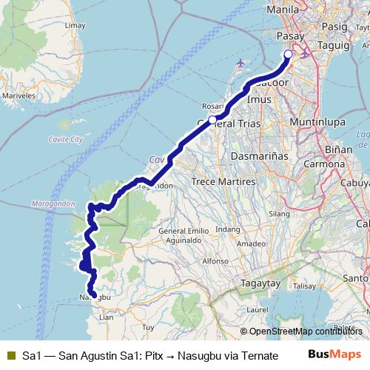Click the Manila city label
[285, 10]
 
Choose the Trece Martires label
[223, 181]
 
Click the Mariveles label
[18, 96]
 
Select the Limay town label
[75, 24]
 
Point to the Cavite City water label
[60, 139]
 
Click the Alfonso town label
[215, 261]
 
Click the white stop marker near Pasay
[289, 53]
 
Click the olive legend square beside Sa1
[10, 355]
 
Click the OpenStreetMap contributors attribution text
[300, 332]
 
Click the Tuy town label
[148, 326]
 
